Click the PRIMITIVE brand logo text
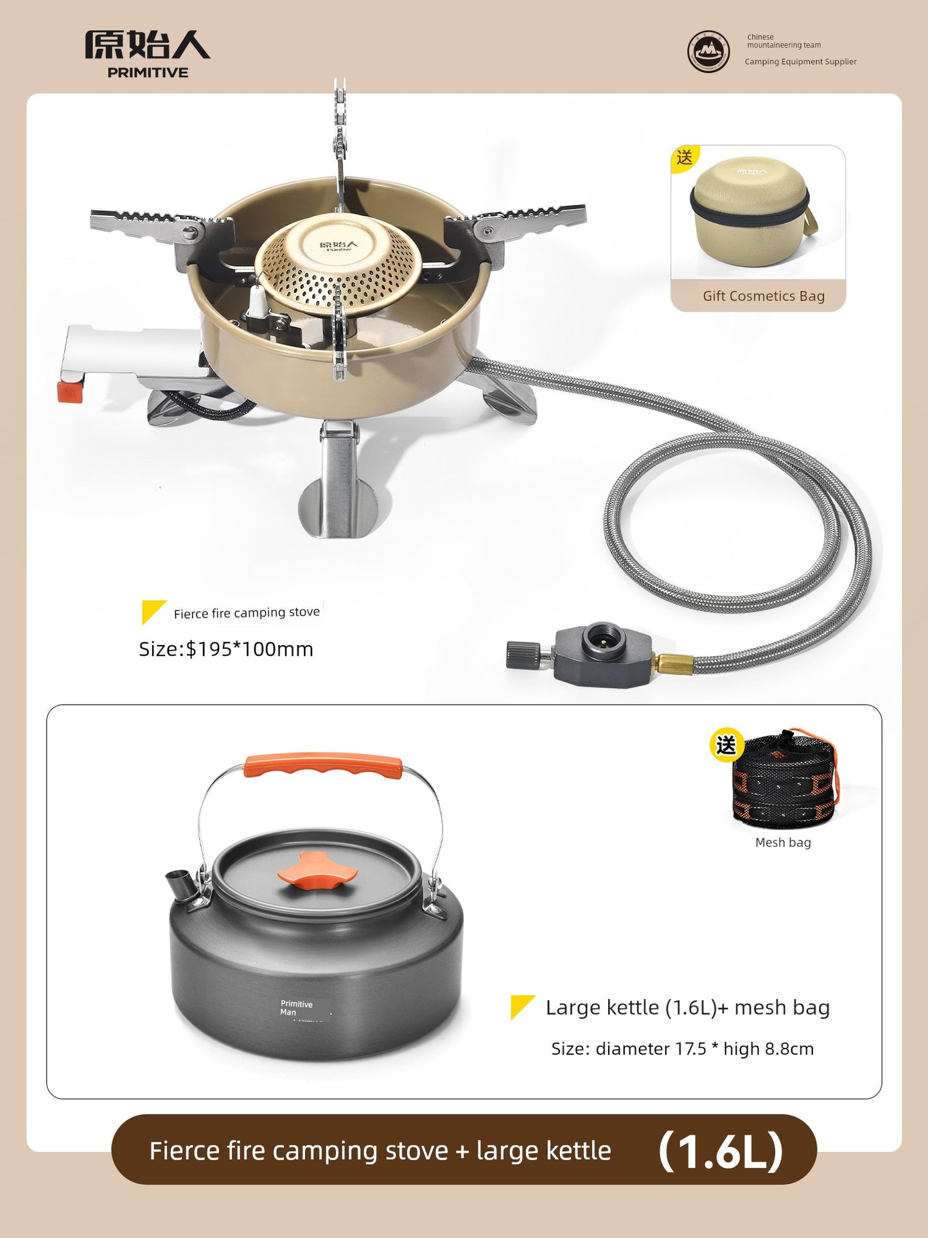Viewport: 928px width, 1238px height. click(x=148, y=73)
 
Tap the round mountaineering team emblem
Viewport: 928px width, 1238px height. click(x=708, y=51)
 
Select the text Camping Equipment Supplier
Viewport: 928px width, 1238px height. click(x=800, y=62)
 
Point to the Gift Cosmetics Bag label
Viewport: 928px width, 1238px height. click(x=764, y=296)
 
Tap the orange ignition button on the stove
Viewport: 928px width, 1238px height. click(x=70, y=391)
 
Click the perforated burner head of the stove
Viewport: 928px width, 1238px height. click(x=338, y=263)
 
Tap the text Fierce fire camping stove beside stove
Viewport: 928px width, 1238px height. click(x=247, y=613)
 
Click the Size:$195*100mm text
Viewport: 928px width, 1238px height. click(x=226, y=649)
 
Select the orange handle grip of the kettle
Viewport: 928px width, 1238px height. click(x=323, y=765)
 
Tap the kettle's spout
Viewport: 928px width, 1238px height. click(x=181, y=885)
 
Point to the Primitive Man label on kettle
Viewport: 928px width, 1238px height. click(x=296, y=1008)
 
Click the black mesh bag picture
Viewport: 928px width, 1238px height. click(x=784, y=778)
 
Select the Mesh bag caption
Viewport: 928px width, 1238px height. click(x=783, y=842)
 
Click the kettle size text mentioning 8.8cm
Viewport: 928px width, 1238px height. click(x=683, y=1048)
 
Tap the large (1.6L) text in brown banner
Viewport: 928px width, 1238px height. click(x=721, y=1151)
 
